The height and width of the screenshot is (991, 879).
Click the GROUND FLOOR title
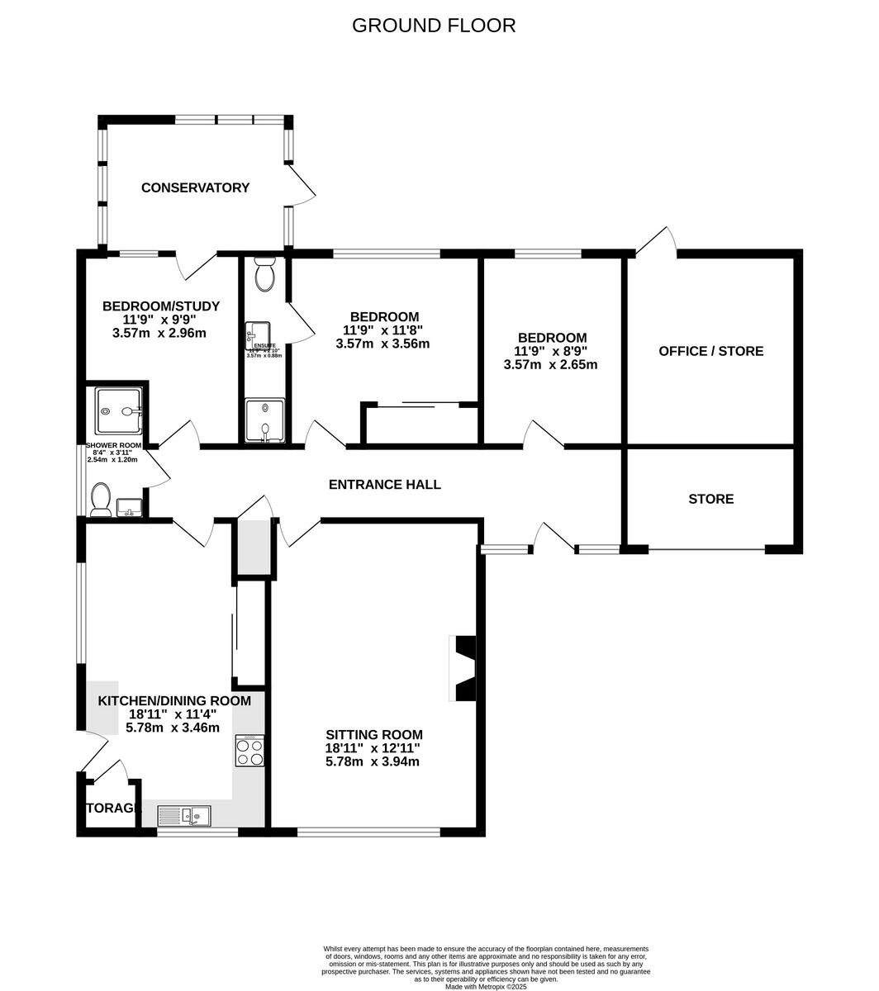pyautogui.click(x=434, y=26)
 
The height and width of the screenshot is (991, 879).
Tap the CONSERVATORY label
pyautogui.click(x=195, y=187)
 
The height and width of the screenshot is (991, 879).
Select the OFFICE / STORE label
pyautogui.click(x=710, y=351)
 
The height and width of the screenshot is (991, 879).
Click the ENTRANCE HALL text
pyautogui.click(x=384, y=485)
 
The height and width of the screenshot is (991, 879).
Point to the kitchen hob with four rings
pyautogui.click(x=249, y=751)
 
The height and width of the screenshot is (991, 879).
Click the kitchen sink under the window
pyautogui.click(x=185, y=816)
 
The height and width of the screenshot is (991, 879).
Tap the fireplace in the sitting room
pyautogui.click(x=463, y=667)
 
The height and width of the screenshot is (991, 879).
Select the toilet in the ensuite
pyautogui.click(x=265, y=274)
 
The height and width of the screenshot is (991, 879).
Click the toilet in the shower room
pyautogui.click(x=101, y=500)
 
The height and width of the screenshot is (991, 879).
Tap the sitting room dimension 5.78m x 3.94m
pyautogui.click(x=373, y=761)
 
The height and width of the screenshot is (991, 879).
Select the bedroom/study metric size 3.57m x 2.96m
pyautogui.click(x=159, y=334)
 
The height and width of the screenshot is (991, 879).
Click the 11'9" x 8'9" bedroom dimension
pyautogui.click(x=551, y=351)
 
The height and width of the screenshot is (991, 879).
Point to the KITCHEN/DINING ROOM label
pyautogui.click(x=174, y=701)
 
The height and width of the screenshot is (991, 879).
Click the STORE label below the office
pyautogui.click(x=710, y=499)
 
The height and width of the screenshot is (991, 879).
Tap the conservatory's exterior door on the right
pyautogui.click(x=302, y=186)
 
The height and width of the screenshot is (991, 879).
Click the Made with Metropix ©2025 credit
pyautogui.click(x=486, y=986)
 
